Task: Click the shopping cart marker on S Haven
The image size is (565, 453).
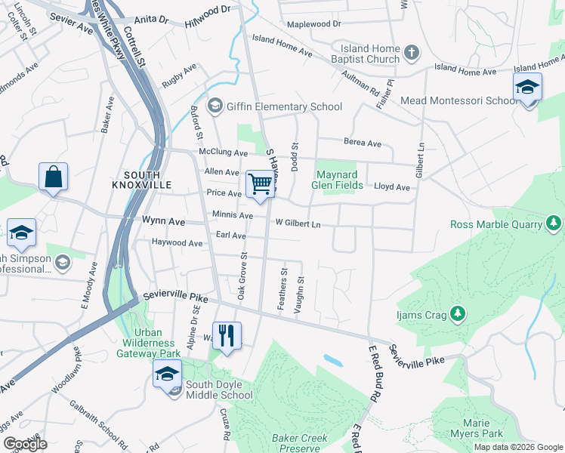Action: (260, 183)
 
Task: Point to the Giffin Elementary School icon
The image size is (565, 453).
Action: (215, 106)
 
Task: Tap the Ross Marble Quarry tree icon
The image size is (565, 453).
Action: (554, 223)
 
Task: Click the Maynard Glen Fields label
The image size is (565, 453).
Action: (339, 180)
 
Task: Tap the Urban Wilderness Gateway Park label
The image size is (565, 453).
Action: (158, 343)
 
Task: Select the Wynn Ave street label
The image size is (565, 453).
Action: (164, 221)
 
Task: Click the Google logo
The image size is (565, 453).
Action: (25, 444)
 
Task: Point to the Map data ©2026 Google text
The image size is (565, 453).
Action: (517, 447)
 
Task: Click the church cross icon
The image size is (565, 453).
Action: (411, 53)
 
